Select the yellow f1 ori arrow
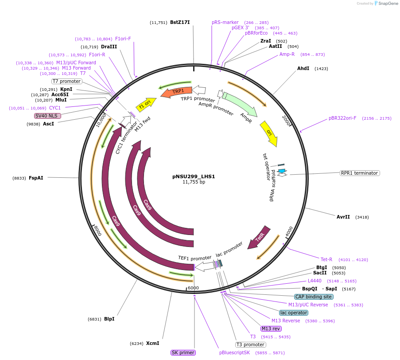(x=145, y=104)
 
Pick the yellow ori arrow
(x=269, y=133)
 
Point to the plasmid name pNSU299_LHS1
(x=194, y=176)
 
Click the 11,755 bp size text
(x=194, y=182)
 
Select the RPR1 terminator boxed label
(x=360, y=173)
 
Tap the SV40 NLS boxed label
(x=47, y=116)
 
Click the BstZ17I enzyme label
(x=180, y=22)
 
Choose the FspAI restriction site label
(x=36, y=178)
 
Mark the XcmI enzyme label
(x=152, y=343)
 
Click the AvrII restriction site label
(x=343, y=217)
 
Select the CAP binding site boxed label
(x=314, y=297)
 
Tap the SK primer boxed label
(x=183, y=352)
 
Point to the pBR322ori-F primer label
(x=342, y=118)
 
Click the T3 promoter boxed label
(x=250, y=344)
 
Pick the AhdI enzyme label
(x=303, y=68)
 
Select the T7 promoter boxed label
(x=67, y=81)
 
